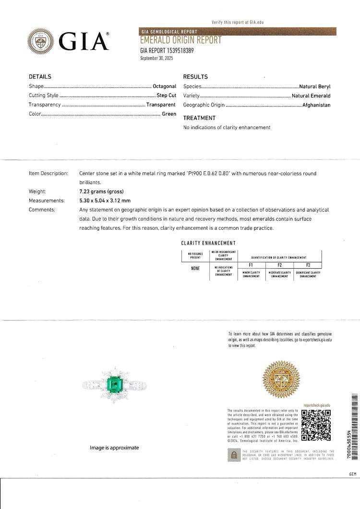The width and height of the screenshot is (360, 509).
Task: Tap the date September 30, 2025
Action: tap(156, 58)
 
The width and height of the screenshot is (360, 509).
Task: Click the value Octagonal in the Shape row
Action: tap(164, 86)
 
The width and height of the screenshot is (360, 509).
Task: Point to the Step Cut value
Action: tap(166, 95)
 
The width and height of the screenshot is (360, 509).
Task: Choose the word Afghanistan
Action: tap(316, 105)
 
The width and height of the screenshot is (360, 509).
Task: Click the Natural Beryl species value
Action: tap(315, 86)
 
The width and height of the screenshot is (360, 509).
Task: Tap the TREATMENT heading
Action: tap(199, 118)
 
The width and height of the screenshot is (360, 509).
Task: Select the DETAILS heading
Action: tap(40, 77)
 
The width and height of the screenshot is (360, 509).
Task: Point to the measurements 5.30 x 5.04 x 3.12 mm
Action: tap(105, 201)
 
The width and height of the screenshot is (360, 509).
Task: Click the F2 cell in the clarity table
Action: tap(279, 265)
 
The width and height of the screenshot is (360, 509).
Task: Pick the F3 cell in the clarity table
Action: tap(307, 265)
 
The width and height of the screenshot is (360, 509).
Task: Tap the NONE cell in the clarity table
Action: tap(195, 268)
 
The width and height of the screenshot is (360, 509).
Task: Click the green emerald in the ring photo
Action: tap(114, 384)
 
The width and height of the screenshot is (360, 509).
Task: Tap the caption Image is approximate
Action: tap(114, 448)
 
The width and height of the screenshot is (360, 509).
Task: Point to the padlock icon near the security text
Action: tap(234, 455)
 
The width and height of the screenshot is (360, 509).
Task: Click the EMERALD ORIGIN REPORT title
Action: tap(180, 41)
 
